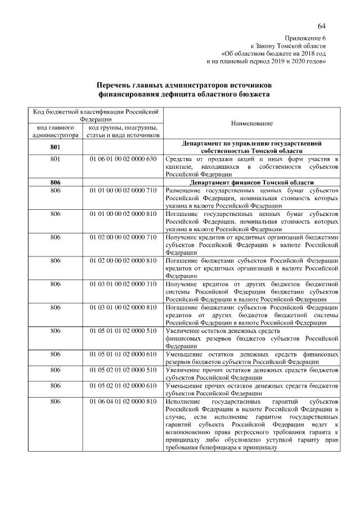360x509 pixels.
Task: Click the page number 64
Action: pyautogui.click(x=321, y=26)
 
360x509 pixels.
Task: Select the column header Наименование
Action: pyautogui.click(x=251, y=123)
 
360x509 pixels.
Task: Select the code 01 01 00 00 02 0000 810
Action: pyautogui.click(x=122, y=214)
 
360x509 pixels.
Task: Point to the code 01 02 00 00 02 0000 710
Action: pyautogui.click(x=122, y=237)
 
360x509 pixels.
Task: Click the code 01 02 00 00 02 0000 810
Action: pyautogui.click(x=122, y=261)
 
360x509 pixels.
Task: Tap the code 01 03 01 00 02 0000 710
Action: pyautogui.click(x=122, y=284)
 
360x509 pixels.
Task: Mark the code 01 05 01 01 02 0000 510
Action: pyautogui.click(x=122, y=331)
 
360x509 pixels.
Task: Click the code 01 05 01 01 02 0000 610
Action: pyautogui.click(x=122, y=354)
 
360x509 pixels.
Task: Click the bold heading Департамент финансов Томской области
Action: pyautogui.click(x=251, y=183)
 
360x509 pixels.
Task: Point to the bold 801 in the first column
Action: pyautogui.click(x=55, y=147)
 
